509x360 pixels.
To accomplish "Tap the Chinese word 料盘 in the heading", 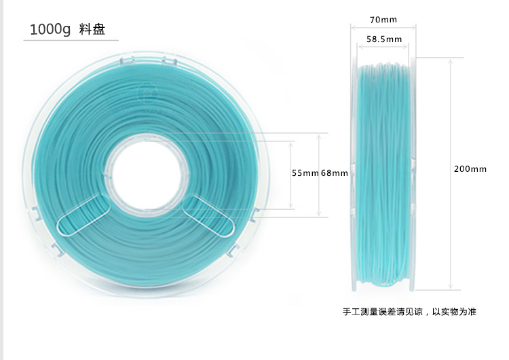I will click(92, 30).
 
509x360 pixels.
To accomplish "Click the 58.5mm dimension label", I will click(384, 39).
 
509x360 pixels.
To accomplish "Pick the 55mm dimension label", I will click(305, 173).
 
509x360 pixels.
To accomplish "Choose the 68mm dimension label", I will click(334, 173).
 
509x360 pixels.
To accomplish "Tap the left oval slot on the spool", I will click(83, 215).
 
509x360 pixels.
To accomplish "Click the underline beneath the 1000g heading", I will click(71, 41).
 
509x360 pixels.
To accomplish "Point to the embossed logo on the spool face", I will click(145, 93).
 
